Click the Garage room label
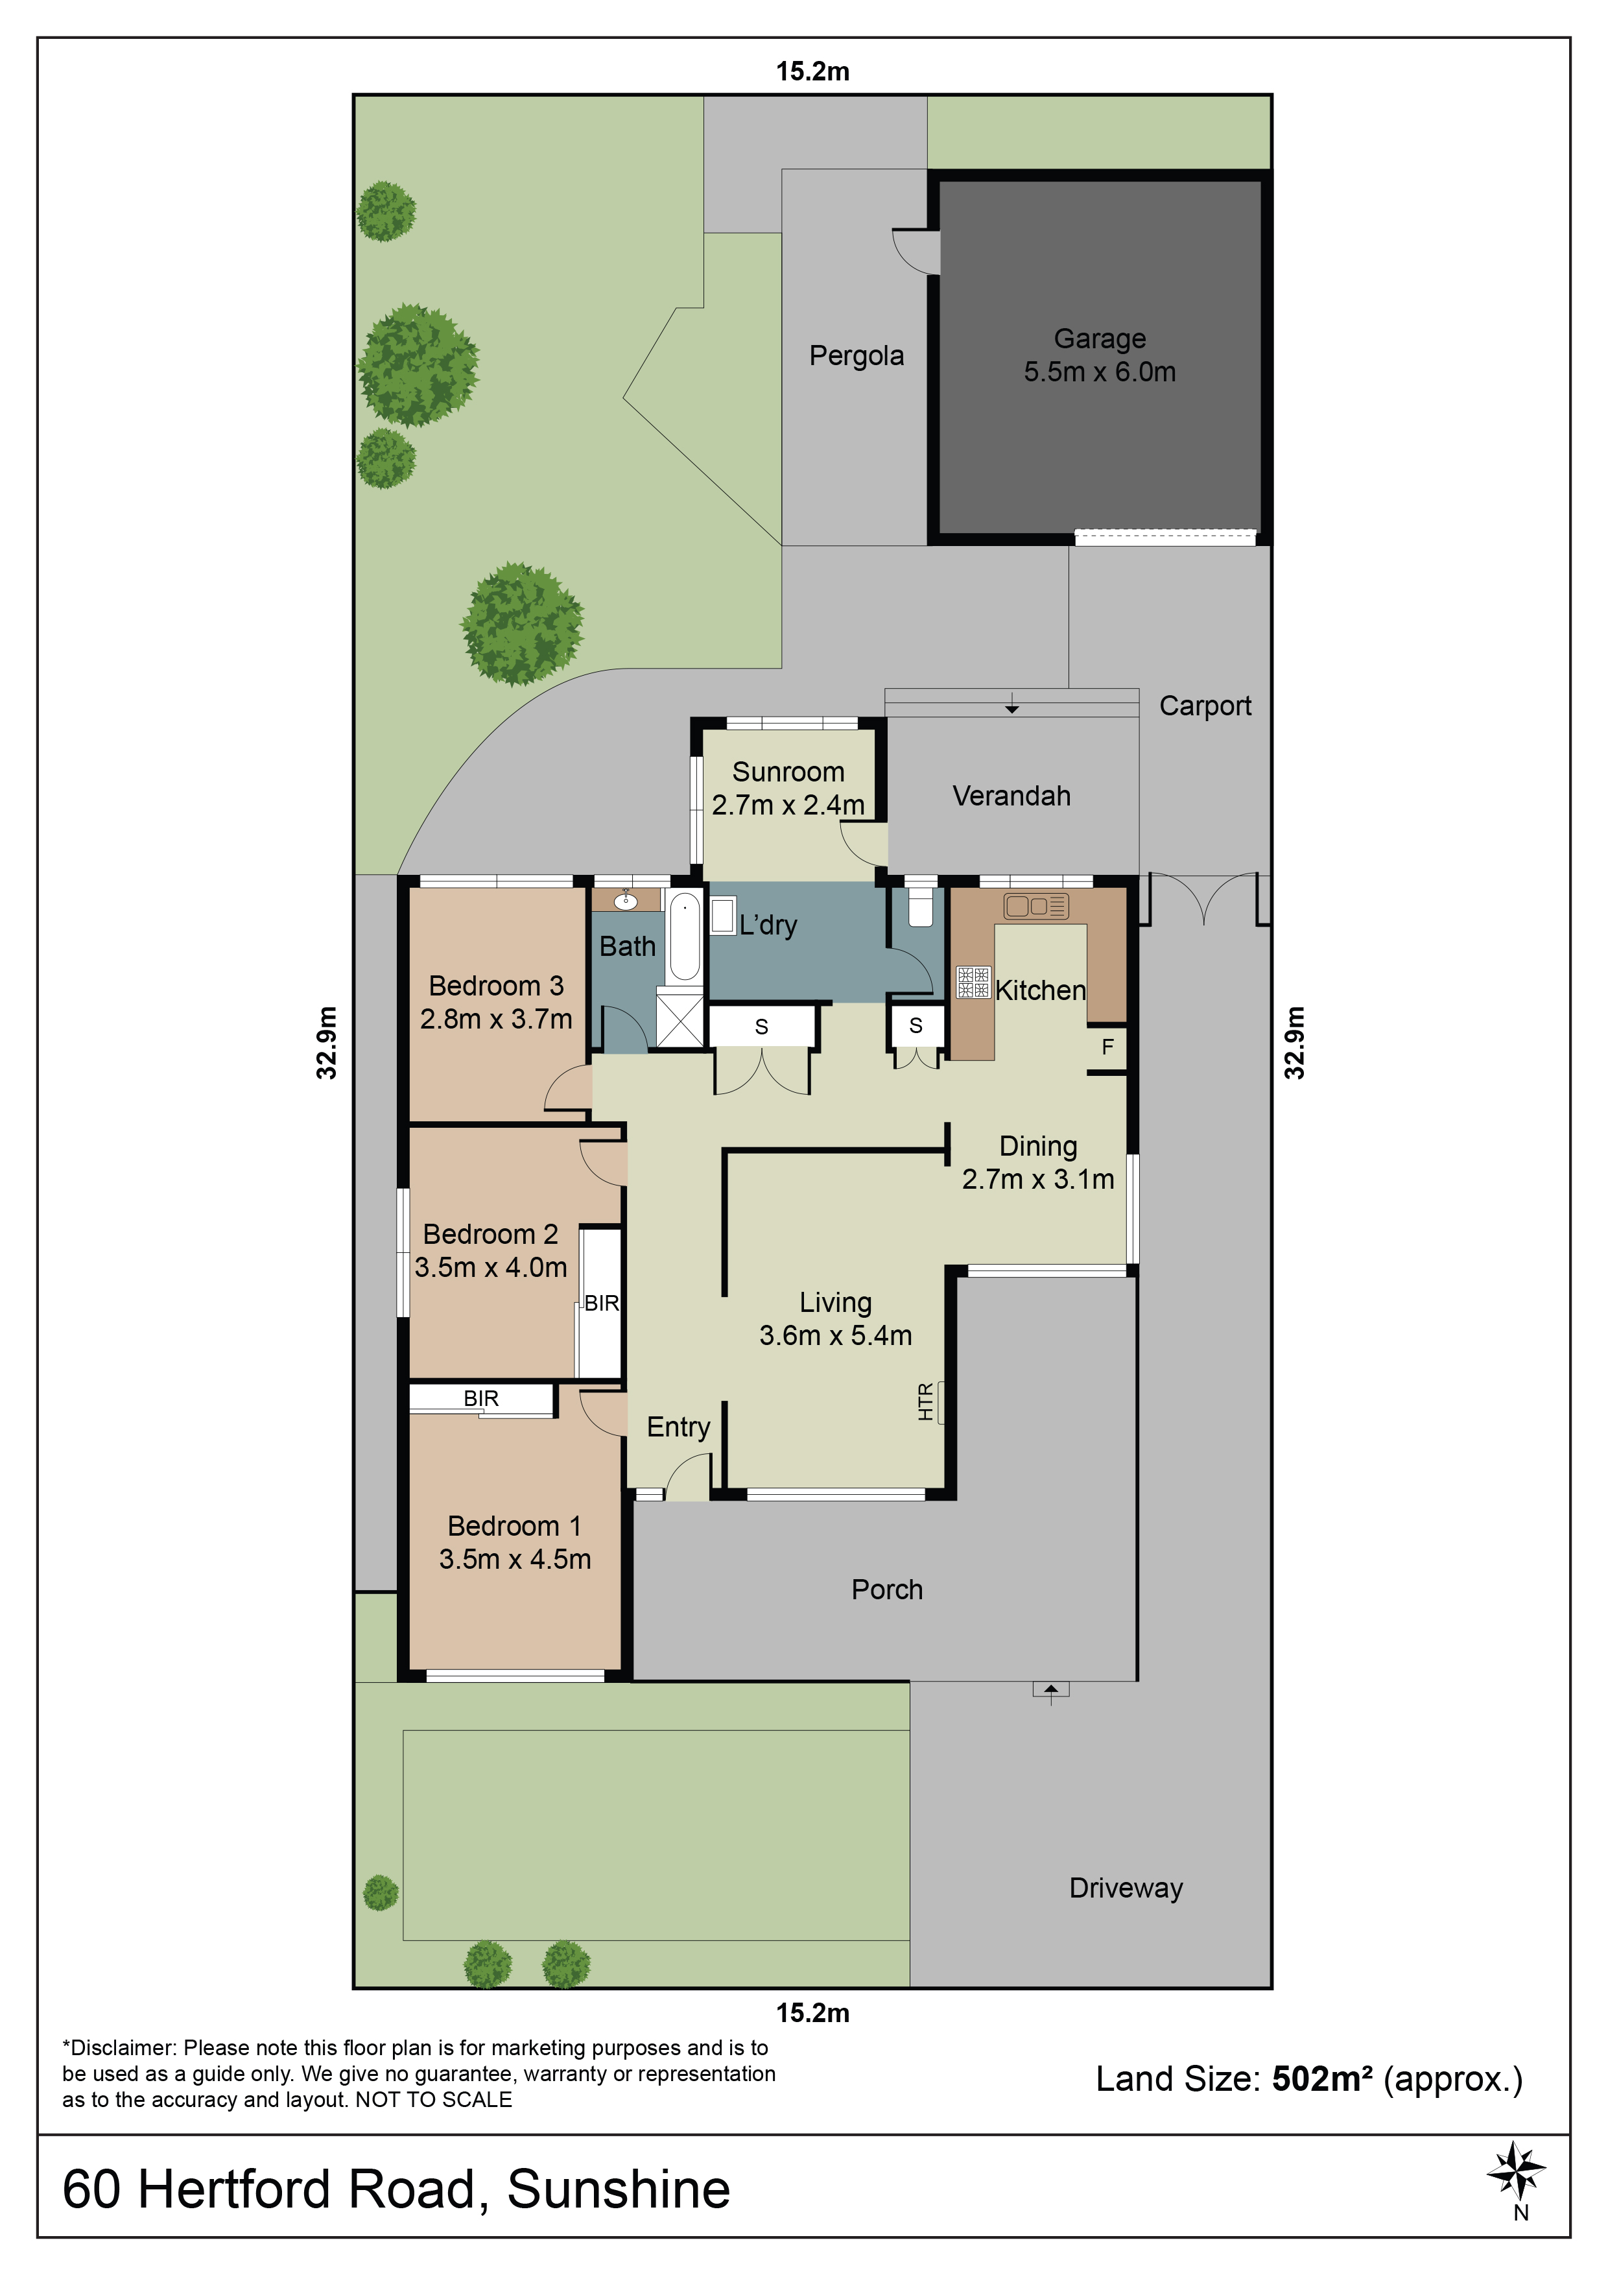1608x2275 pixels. [x=1100, y=339]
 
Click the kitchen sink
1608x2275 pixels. [x=1035, y=905]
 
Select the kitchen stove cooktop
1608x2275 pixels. [x=973, y=982]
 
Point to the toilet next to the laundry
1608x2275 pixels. [x=921, y=905]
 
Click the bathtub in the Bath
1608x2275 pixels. [x=683, y=935]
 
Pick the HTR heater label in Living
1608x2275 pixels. [x=925, y=1402]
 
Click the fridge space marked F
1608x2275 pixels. [x=1107, y=1045]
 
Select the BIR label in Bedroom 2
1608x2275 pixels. [x=602, y=1303]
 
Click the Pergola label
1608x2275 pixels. [x=856, y=356]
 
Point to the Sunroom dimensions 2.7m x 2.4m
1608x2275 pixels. [x=788, y=805]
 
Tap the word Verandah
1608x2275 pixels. [x=1011, y=796]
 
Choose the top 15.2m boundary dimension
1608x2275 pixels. [x=812, y=71]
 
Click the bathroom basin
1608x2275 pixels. [x=625, y=901]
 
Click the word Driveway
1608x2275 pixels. [x=1126, y=1888]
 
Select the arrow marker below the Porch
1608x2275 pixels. [x=1051, y=1688]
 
